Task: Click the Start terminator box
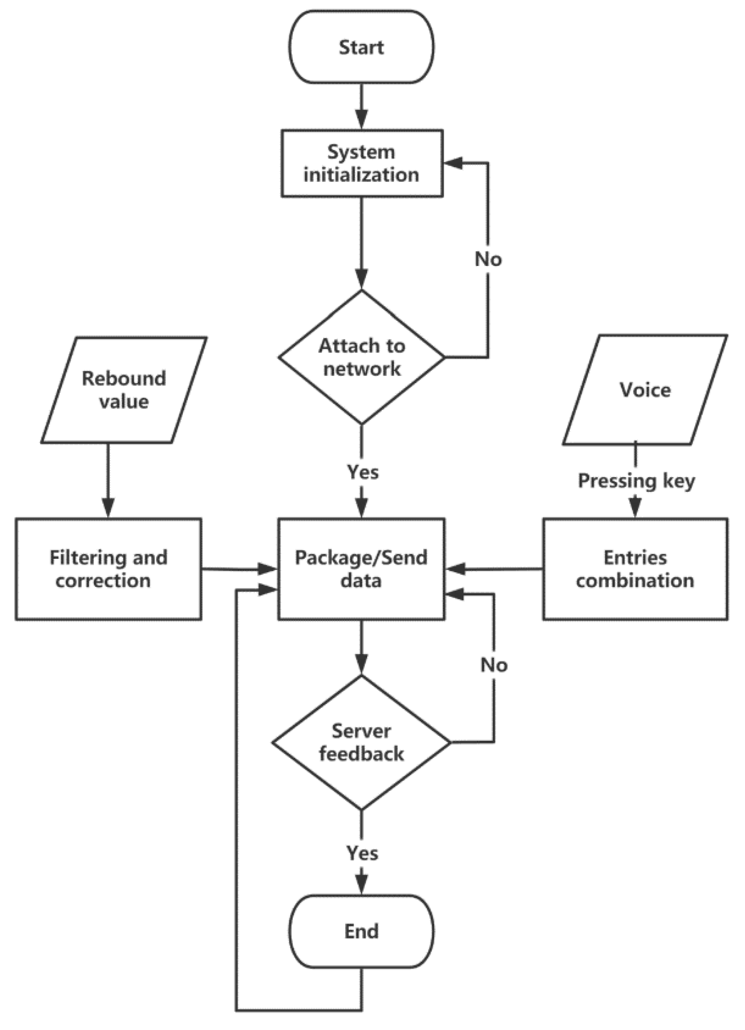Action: [x=361, y=47]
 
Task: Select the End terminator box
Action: [x=361, y=931]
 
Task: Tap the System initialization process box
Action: [x=362, y=164]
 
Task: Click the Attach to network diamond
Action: [x=362, y=357]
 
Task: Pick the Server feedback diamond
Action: [x=361, y=743]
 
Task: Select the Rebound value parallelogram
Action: [x=123, y=390]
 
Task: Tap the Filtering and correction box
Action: [x=108, y=569]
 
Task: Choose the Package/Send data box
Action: [x=361, y=569]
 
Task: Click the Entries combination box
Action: [x=635, y=569]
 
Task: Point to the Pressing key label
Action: [x=636, y=481]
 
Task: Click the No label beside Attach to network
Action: [x=488, y=259]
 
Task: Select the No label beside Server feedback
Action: [x=494, y=665]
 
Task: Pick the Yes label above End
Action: [x=362, y=853]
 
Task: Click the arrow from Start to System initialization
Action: [x=362, y=107]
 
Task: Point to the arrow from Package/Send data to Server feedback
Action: [x=362, y=647]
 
